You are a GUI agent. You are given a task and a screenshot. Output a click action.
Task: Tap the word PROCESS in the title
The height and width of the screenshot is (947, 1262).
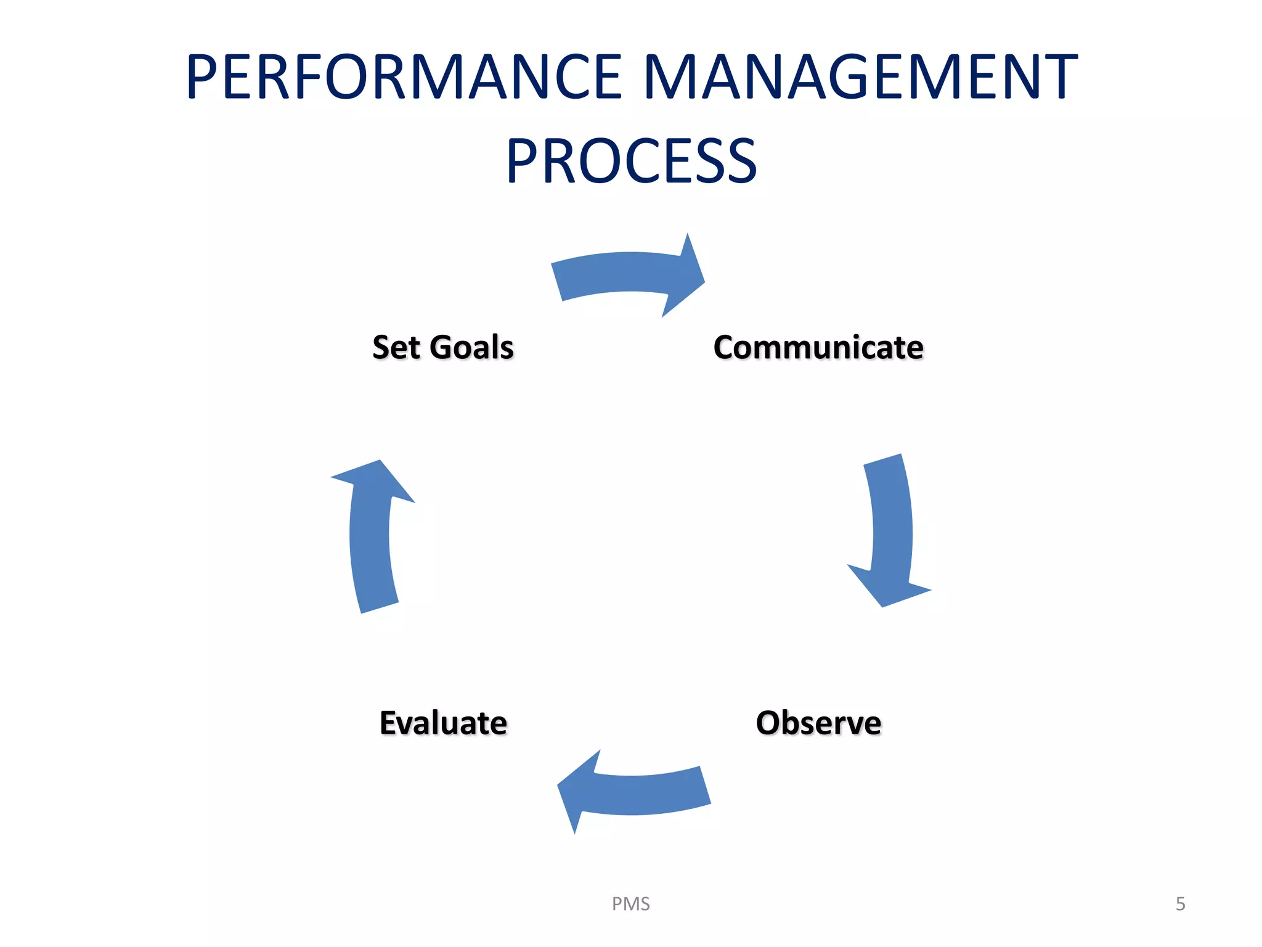tap(631, 162)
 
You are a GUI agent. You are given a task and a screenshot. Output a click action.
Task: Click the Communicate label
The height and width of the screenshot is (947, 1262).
tap(818, 348)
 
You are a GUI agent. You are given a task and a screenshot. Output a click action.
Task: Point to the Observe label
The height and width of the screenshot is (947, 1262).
tap(818, 723)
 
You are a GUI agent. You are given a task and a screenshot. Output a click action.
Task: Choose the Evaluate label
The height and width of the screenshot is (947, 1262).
tap(443, 723)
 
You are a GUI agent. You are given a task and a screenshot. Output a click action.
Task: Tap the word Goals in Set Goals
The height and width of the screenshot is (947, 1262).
tap(471, 348)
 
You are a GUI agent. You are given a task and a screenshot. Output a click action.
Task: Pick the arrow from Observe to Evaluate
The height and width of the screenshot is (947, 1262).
tap(641, 792)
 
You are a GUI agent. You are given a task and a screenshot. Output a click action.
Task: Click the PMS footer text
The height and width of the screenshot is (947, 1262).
tap(630, 904)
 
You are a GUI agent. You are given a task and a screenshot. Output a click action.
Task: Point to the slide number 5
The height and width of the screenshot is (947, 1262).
tap(1180, 904)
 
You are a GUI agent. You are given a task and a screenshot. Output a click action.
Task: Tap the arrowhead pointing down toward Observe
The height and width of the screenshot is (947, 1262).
tap(887, 586)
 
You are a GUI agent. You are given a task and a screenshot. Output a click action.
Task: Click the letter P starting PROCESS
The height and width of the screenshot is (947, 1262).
tap(523, 162)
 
